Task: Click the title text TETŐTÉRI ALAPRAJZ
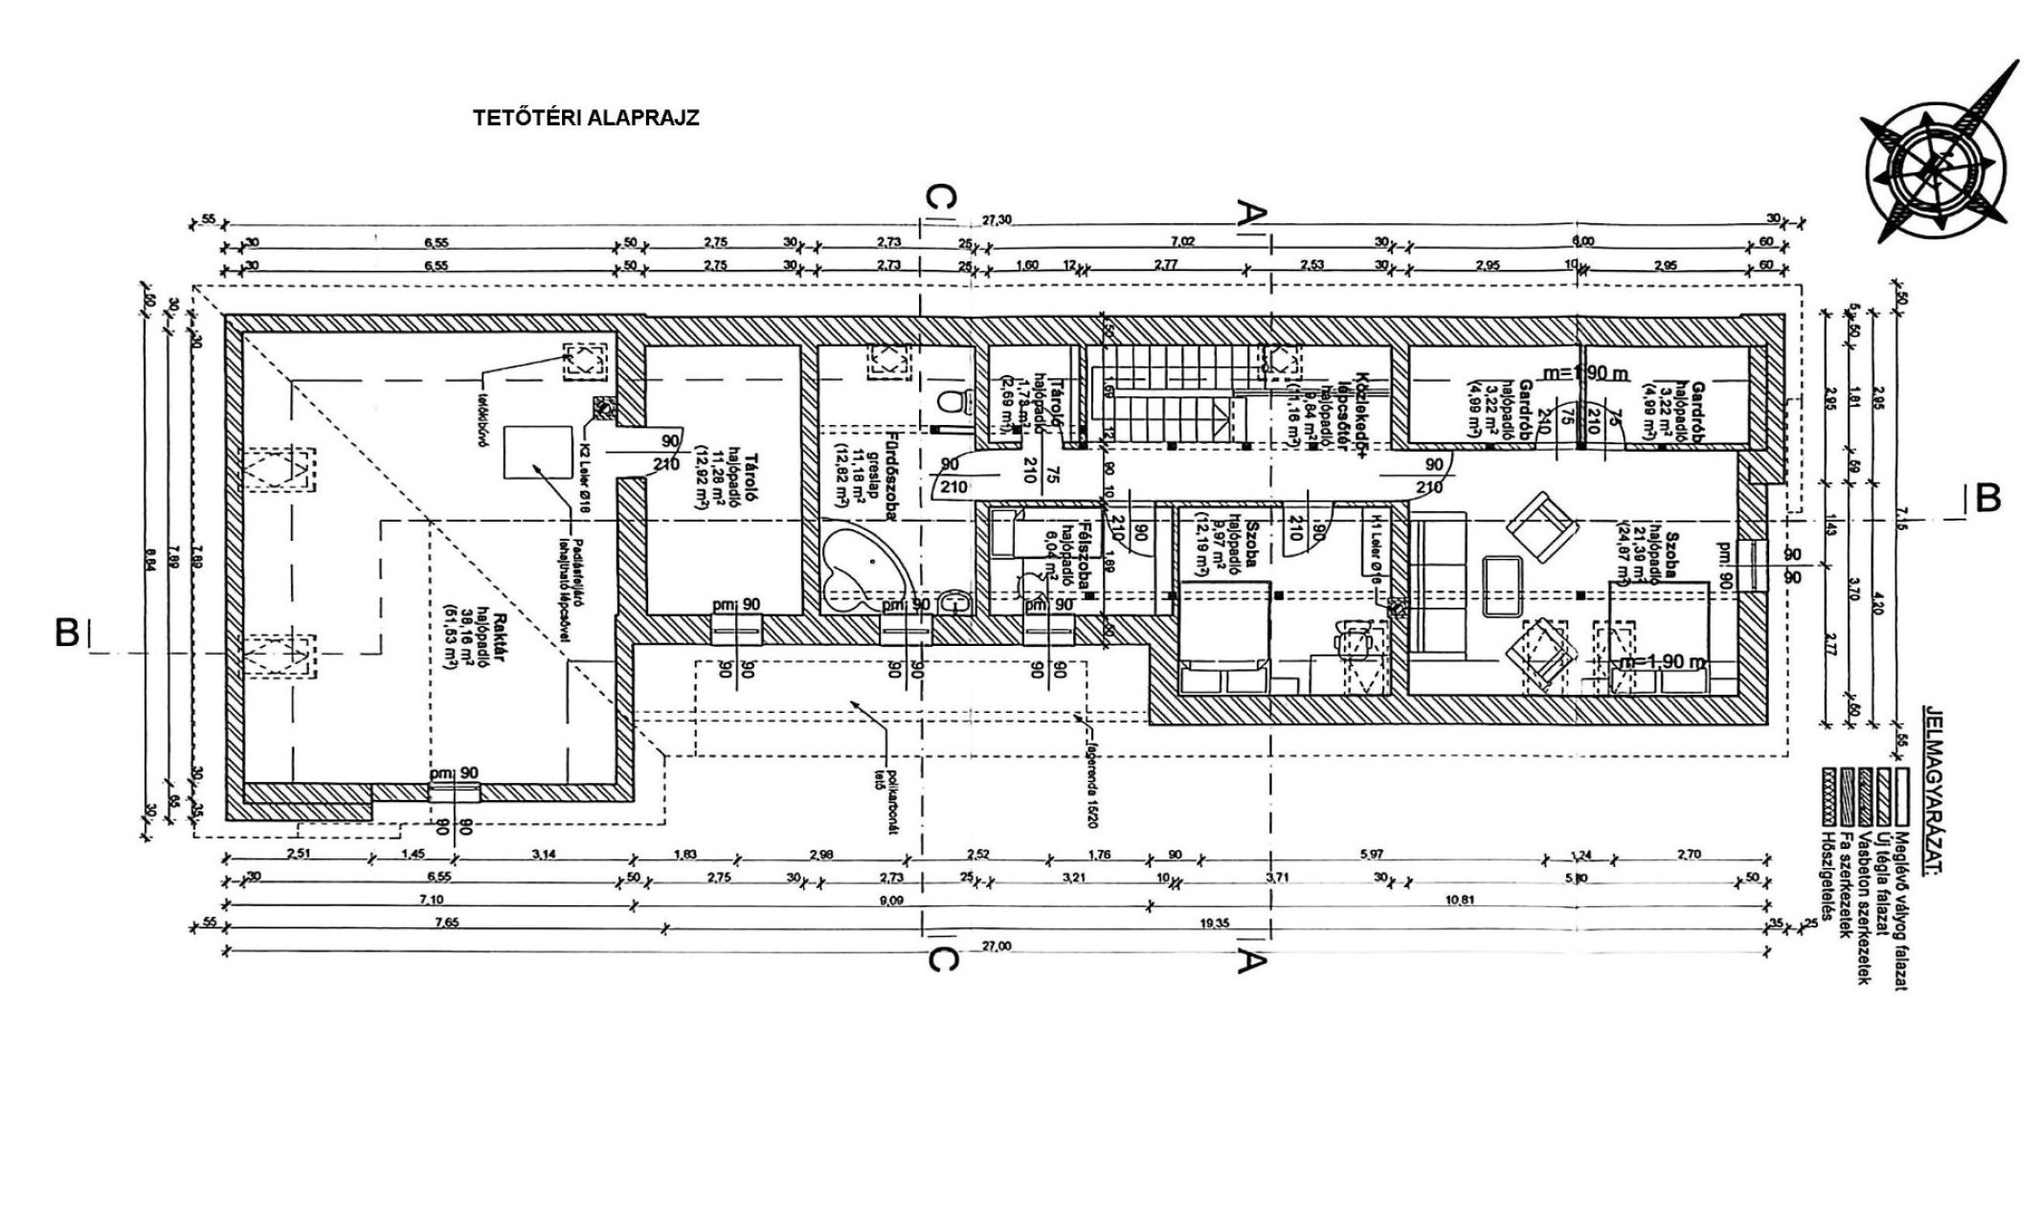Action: click(586, 119)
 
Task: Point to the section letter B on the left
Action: click(67, 633)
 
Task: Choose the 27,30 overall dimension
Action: click(997, 221)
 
